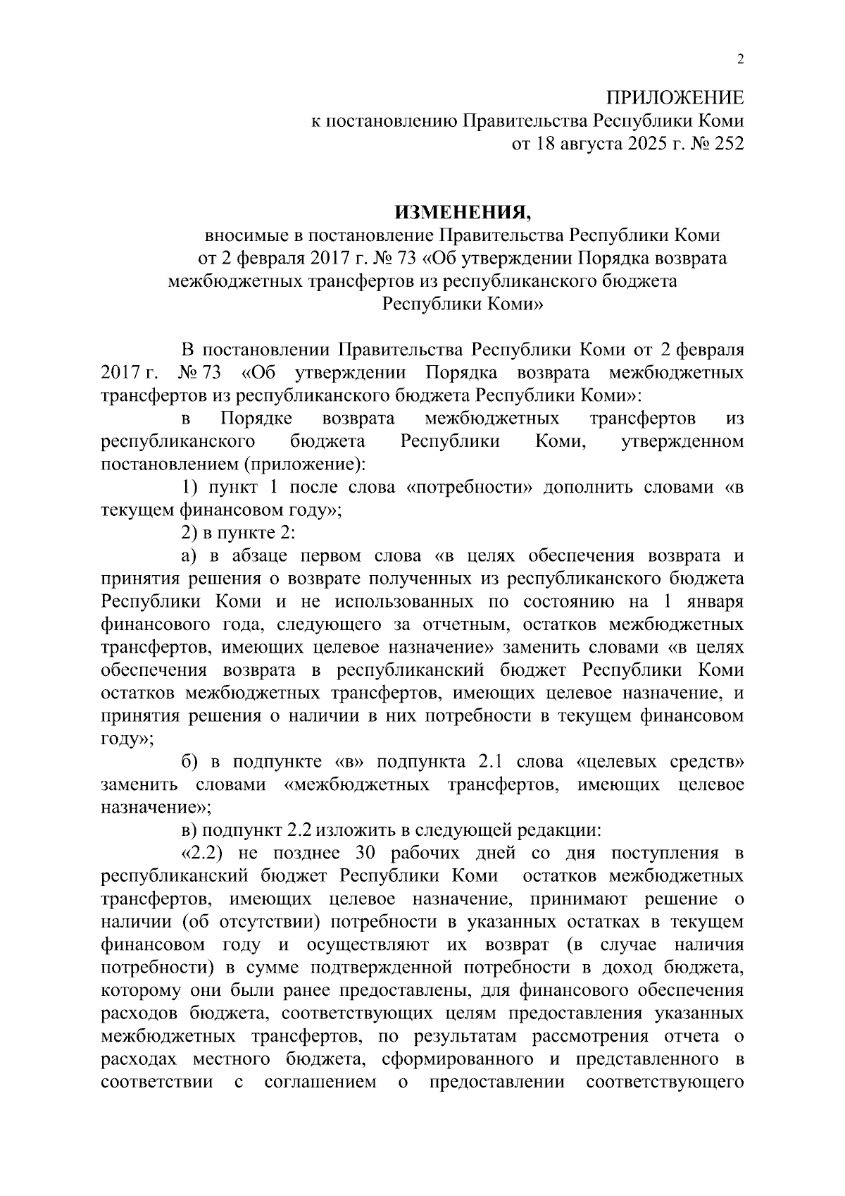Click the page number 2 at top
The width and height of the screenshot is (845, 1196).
coord(739,59)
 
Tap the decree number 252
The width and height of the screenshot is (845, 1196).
coord(729,144)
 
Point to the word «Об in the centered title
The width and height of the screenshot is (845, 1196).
coord(441,259)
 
